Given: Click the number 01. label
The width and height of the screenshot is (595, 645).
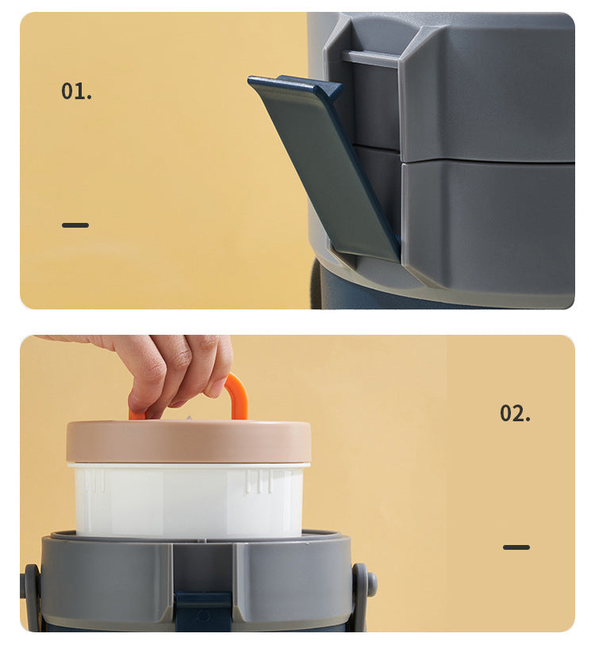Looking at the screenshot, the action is pyautogui.click(x=76, y=91).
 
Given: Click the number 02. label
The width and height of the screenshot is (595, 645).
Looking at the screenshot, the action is pyautogui.click(x=515, y=413).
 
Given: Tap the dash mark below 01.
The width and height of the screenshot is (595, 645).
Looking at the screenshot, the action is pyautogui.click(x=75, y=225).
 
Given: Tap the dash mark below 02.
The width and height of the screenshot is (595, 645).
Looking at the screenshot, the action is pyautogui.click(x=516, y=547).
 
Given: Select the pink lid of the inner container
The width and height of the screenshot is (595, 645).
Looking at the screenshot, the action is pyautogui.click(x=189, y=442).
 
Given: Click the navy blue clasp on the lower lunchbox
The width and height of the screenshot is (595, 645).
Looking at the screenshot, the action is pyautogui.click(x=203, y=612).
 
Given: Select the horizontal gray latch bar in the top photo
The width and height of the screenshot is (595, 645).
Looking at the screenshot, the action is pyautogui.click(x=370, y=59).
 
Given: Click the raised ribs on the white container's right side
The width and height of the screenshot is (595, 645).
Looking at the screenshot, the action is pyautogui.click(x=259, y=482).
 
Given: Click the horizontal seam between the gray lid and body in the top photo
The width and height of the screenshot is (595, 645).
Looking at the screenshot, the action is pyautogui.click(x=488, y=162).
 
